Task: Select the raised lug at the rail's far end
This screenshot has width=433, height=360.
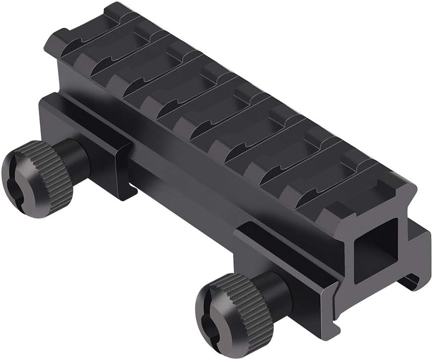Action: click(x=74, y=30)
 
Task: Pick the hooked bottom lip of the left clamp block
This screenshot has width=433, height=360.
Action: click(x=124, y=193)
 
